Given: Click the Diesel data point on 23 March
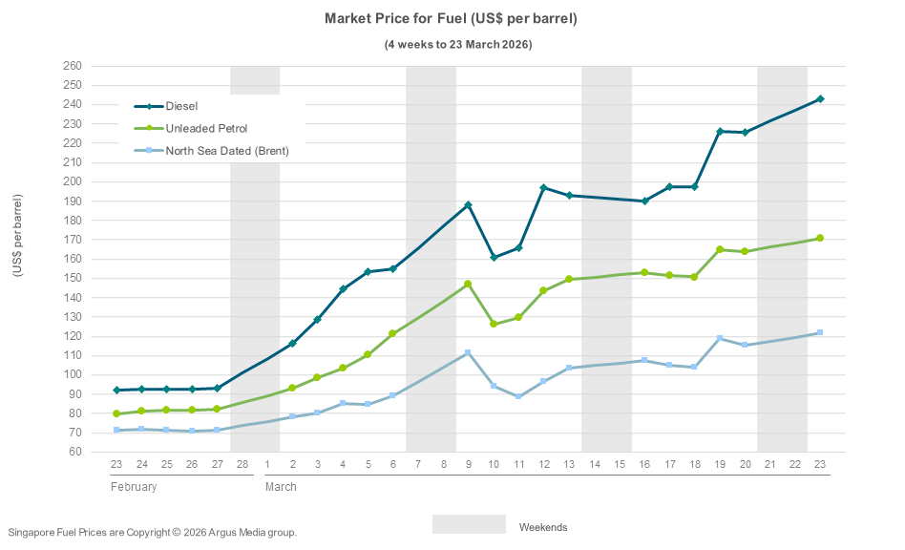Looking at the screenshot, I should pos(820,99).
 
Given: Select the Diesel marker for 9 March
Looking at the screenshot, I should pos(468,205).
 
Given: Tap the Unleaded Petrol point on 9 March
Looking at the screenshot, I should pos(468,284).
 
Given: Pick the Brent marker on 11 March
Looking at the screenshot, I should pos(518,396).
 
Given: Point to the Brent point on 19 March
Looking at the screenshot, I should pos(720,339).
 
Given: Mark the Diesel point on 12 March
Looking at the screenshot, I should pos(543,188).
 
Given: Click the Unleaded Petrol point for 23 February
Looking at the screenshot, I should pos(116,413).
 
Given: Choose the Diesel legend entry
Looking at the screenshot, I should pos(181,106).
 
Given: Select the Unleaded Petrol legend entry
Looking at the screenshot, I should pos(206,128).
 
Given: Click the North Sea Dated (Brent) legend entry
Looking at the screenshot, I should pos(226,150).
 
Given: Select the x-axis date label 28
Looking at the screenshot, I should pos(242,465).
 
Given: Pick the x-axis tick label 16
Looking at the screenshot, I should pos(644,465).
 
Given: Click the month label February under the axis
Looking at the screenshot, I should pos(133,487).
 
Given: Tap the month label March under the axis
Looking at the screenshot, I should pos(281,487).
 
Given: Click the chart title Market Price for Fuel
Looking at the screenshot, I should pos(451,19).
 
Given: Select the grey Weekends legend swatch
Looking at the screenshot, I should pos(469,524).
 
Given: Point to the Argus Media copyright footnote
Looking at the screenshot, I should pos(153,532).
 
